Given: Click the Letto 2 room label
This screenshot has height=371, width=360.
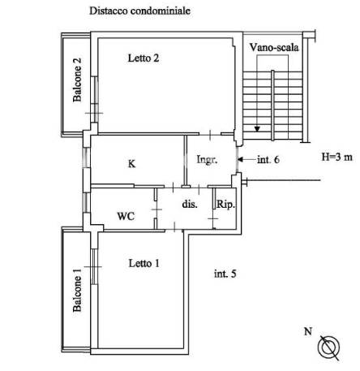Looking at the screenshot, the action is tap(144, 58).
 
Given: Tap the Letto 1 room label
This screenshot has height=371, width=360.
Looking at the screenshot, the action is tap(144, 263).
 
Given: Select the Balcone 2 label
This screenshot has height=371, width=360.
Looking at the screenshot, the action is tap(77, 80).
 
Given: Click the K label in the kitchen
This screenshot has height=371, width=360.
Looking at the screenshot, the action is tap(131, 164).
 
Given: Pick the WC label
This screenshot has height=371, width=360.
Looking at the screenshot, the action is tap(126, 216).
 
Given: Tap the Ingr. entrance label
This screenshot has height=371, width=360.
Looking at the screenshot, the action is tap(207, 159).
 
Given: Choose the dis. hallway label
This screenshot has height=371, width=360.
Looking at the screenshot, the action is tap(190, 204).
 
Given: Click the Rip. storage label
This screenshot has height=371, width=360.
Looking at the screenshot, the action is tap(225, 205).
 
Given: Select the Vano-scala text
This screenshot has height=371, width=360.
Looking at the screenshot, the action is tap(274, 47).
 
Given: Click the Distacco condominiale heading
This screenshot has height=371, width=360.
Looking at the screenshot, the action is tap(140, 11).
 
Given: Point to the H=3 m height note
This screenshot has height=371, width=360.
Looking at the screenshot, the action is tap(337, 157).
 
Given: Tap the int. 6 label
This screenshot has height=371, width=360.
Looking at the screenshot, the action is tap(268, 160).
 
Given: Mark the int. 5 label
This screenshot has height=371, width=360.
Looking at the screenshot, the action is tap(225, 274).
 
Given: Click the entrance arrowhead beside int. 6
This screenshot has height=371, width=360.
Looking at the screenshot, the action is tap(240, 160).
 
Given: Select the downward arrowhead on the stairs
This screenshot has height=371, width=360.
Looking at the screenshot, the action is tap(257, 129).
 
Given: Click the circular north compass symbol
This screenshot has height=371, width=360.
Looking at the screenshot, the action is tap(328, 347).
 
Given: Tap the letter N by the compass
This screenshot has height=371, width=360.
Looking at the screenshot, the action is tap(308, 331).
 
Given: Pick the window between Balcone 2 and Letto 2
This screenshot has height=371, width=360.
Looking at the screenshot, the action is tap(94, 99).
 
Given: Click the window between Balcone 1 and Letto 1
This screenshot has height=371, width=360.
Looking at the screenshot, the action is tap(94, 266).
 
